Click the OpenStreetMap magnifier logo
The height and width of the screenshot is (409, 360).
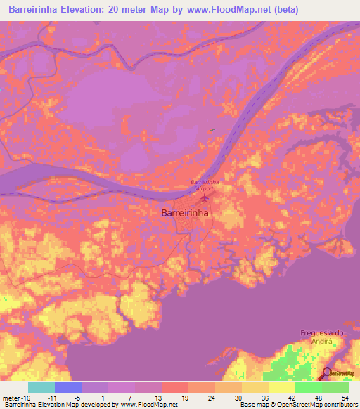click(328, 374)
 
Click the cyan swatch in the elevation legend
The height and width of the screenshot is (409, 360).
click(41, 387)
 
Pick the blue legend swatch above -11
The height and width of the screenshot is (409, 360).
click(68, 387)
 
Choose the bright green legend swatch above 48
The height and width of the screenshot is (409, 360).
click(309, 387)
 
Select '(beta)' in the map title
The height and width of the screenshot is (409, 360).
click(286, 10)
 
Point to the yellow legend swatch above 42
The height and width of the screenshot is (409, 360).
click(282, 387)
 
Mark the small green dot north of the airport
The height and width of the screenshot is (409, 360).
click(212, 129)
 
